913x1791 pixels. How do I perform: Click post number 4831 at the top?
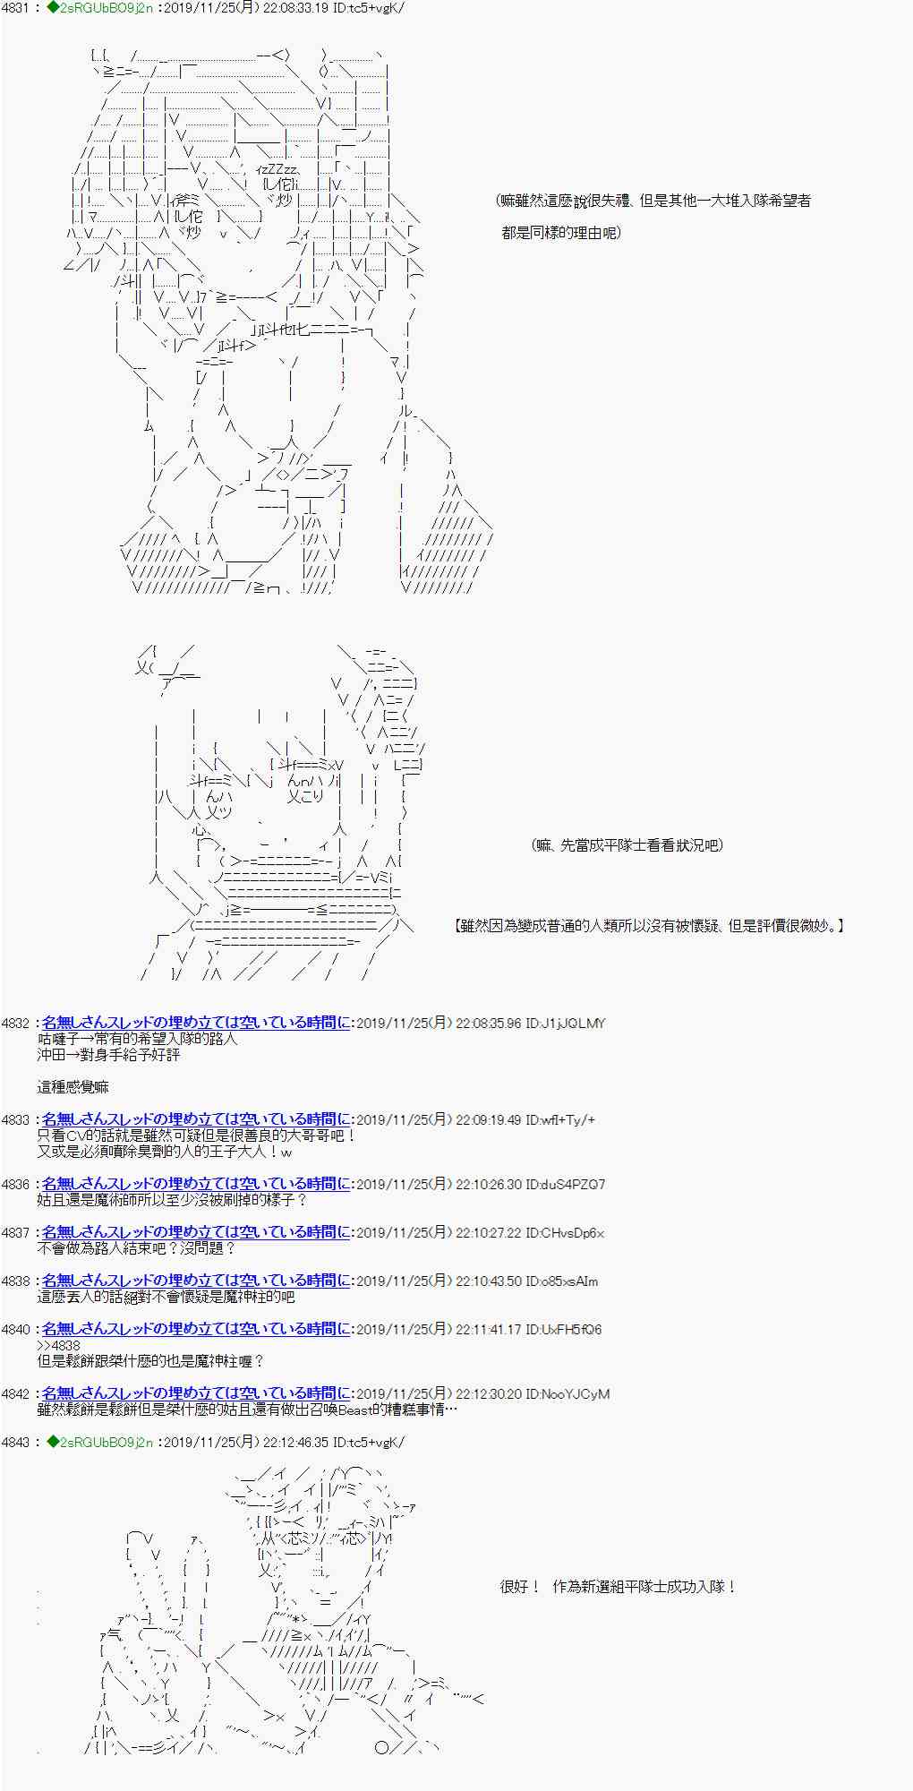coord(16,9)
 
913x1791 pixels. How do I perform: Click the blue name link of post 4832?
coord(195,1023)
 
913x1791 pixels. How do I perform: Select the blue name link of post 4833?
coord(195,1119)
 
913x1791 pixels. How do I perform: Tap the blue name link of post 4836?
coord(195,1184)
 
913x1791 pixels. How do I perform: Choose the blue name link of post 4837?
coord(195,1232)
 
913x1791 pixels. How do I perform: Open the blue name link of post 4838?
coord(195,1281)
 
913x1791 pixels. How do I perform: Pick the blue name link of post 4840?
coord(195,1329)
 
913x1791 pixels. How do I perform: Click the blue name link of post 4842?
coord(195,1393)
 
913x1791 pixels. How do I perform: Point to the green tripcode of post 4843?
coord(99,1442)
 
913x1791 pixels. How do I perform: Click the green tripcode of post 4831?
coord(99,9)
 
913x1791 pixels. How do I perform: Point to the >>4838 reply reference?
coord(58,1345)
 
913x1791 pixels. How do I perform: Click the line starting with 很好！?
coord(618,1587)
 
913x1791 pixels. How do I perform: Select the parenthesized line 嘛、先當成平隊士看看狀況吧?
coord(627,844)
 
